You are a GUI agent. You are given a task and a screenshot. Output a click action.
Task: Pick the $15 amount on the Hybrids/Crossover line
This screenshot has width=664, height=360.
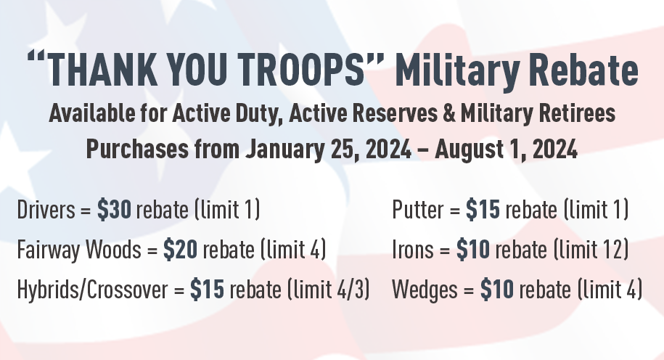click(x=207, y=290)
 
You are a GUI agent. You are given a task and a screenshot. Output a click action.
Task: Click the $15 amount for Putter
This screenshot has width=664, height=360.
click(x=483, y=211)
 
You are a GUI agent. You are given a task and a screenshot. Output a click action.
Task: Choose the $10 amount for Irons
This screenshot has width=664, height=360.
click(x=473, y=250)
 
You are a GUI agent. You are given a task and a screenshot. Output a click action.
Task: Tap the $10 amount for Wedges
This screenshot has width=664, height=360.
click(x=497, y=290)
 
